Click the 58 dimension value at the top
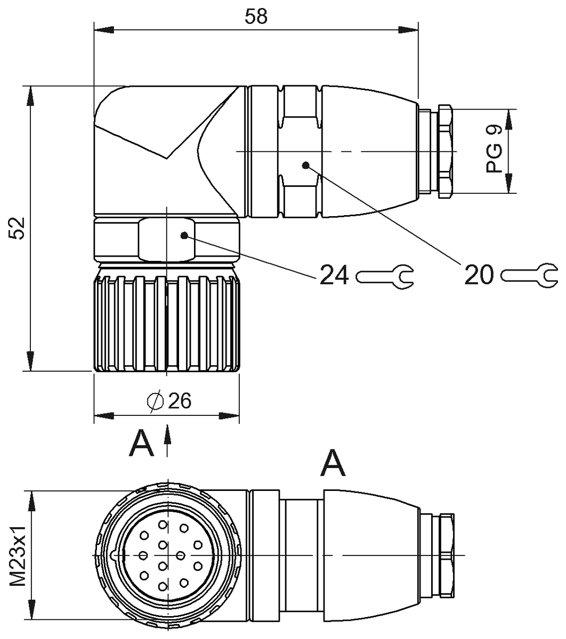coord(256,17)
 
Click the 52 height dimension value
coord(18,228)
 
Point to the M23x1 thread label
coord(19,555)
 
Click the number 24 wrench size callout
coord(334,276)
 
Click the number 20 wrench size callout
coord(479,275)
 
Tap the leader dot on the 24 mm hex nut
coord(184,235)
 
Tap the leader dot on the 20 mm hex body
coord(305,165)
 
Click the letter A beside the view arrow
coord(141,444)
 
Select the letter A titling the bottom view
coord(333,463)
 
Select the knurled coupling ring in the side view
coord(167,322)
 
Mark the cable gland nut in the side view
coord(445,152)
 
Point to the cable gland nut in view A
coord(445,555)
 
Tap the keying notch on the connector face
coord(113,555)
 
